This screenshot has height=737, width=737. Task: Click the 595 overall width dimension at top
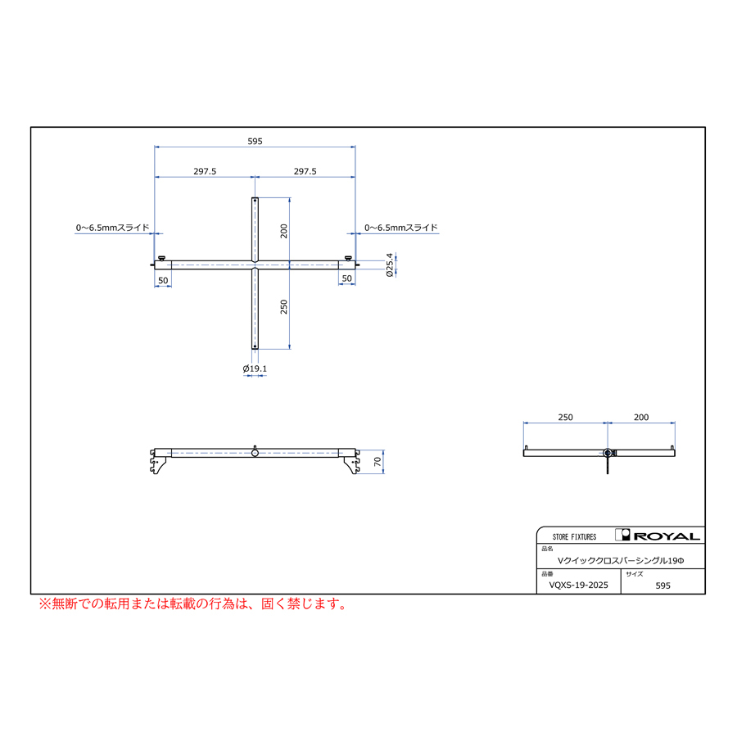pyautogui.click(x=255, y=141)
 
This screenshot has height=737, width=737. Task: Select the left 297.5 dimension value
pyautogui.click(x=205, y=171)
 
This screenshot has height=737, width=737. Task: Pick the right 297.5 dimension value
pyautogui.click(x=305, y=171)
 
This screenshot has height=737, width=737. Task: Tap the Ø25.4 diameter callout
pyautogui.click(x=389, y=265)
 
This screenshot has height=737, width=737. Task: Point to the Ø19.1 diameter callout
pyautogui.click(x=255, y=368)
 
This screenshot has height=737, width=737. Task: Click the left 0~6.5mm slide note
pyautogui.click(x=112, y=228)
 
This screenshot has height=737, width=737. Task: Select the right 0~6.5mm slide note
pyautogui.click(x=401, y=228)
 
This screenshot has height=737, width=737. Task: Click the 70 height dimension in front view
pyautogui.click(x=378, y=462)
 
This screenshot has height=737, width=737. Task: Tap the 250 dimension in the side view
pyautogui.click(x=565, y=417)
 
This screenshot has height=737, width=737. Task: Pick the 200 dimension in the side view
pyautogui.click(x=641, y=417)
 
